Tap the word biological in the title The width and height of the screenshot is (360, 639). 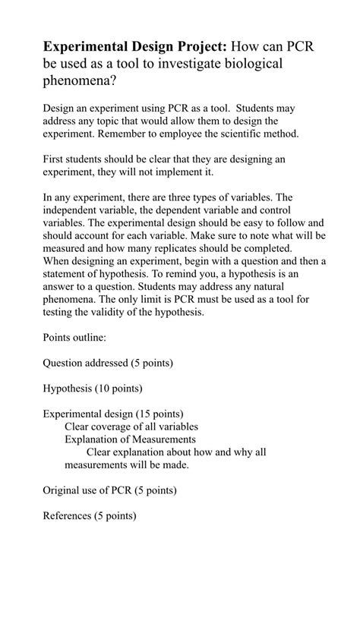tap(241, 64)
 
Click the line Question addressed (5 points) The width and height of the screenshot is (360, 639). tap(107, 363)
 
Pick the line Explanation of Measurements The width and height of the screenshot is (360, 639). tap(130, 439)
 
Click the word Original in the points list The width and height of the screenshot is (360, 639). tap(62, 490)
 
